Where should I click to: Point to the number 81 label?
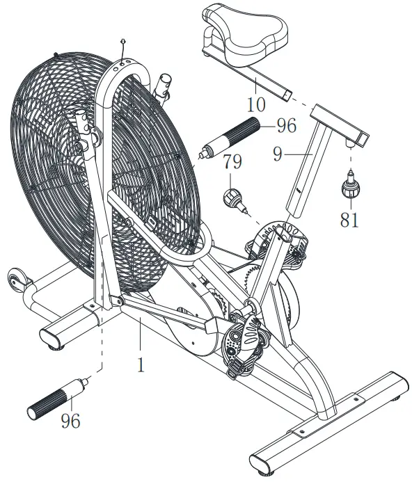tap(349, 220)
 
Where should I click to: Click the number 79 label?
tap(232, 163)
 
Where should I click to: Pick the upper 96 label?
tap(285, 126)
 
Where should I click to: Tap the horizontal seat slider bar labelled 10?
tap(264, 86)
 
